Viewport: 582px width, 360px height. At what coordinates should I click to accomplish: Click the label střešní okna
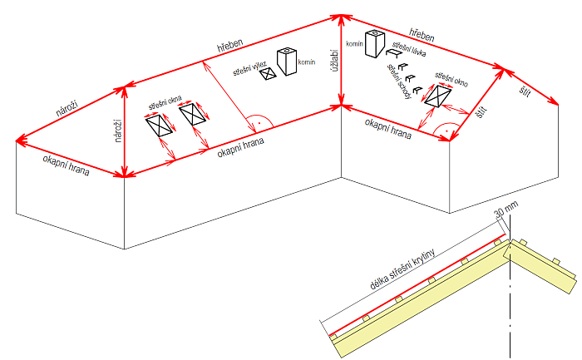point(165,103)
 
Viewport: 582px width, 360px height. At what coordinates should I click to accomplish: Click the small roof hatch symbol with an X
point(267,74)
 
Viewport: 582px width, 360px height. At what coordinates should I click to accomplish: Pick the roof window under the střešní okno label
point(437,96)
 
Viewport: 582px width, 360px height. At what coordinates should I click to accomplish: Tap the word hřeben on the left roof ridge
point(229,51)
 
